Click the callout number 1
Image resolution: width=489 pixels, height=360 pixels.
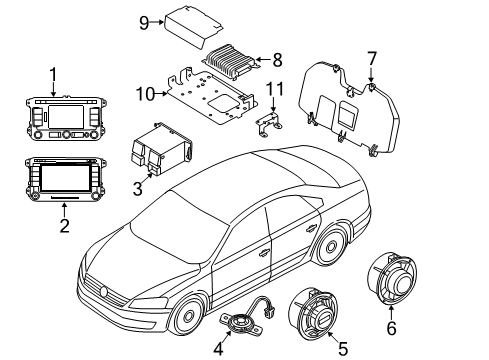click(x=53, y=75)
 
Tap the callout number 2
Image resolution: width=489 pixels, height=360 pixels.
click(x=64, y=226)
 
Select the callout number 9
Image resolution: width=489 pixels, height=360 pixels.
click(x=144, y=23)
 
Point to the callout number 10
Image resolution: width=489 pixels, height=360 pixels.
click(x=146, y=94)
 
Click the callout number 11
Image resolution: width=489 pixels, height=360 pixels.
click(x=275, y=89)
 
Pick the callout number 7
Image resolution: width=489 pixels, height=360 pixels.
click(x=372, y=59)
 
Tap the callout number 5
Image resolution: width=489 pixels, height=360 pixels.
click(x=343, y=349)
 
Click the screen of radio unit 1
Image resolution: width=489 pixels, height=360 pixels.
click(x=66, y=117)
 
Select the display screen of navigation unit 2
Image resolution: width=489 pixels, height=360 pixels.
click(x=65, y=178)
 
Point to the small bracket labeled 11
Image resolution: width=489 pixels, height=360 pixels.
click(x=269, y=124)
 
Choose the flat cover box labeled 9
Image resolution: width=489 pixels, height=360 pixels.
click(x=193, y=26)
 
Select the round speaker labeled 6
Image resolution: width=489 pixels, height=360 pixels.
click(x=392, y=279)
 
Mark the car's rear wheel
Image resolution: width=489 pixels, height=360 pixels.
click(x=330, y=246)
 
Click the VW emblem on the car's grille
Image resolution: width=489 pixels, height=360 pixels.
click(x=104, y=292)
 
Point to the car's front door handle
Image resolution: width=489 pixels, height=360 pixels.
click(x=265, y=252)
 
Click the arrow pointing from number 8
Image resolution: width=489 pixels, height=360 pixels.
click(x=264, y=60)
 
